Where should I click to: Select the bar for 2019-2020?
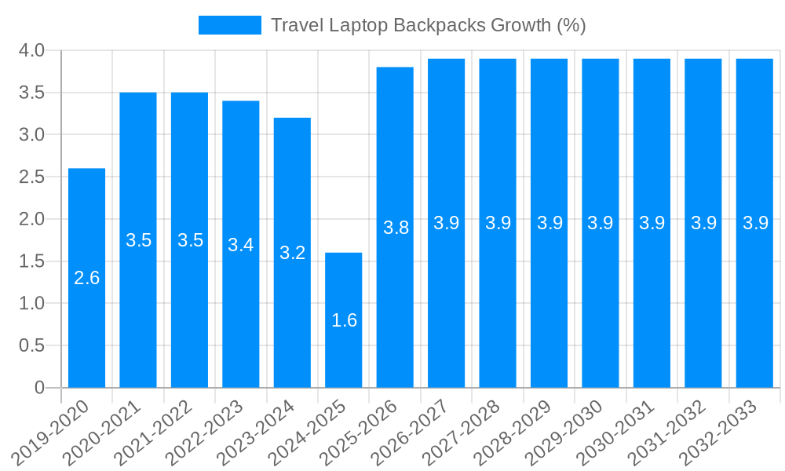point(86,278)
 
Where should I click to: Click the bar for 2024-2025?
point(344,320)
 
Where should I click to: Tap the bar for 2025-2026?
point(395,228)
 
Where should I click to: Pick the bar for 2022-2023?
point(241,244)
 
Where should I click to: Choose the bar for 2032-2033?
point(754,223)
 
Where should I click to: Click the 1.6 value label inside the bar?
point(344,320)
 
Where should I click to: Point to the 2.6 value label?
point(86,278)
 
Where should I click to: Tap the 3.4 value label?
point(241,245)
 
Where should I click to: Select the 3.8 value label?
point(396,228)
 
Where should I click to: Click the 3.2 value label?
point(292,253)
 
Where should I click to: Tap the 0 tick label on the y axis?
point(40,388)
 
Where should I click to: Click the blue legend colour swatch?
point(229,25)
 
